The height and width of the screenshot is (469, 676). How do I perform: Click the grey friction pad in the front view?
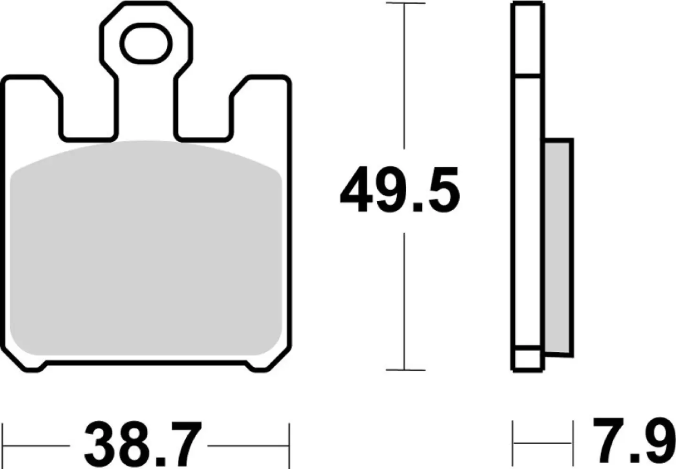click(x=145, y=249)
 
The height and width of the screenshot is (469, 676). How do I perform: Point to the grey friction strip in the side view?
click(x=559, y=246)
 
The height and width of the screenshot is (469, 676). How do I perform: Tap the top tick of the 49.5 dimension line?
click(x=405, y=4)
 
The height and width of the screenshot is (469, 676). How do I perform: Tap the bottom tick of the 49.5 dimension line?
click(x=405, y=370)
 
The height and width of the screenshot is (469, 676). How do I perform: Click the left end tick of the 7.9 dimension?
click(x=513, y=442)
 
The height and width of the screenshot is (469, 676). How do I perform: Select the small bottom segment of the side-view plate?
click(x=529, y=359)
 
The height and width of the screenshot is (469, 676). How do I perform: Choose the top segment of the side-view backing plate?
click(x=529, y=39)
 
